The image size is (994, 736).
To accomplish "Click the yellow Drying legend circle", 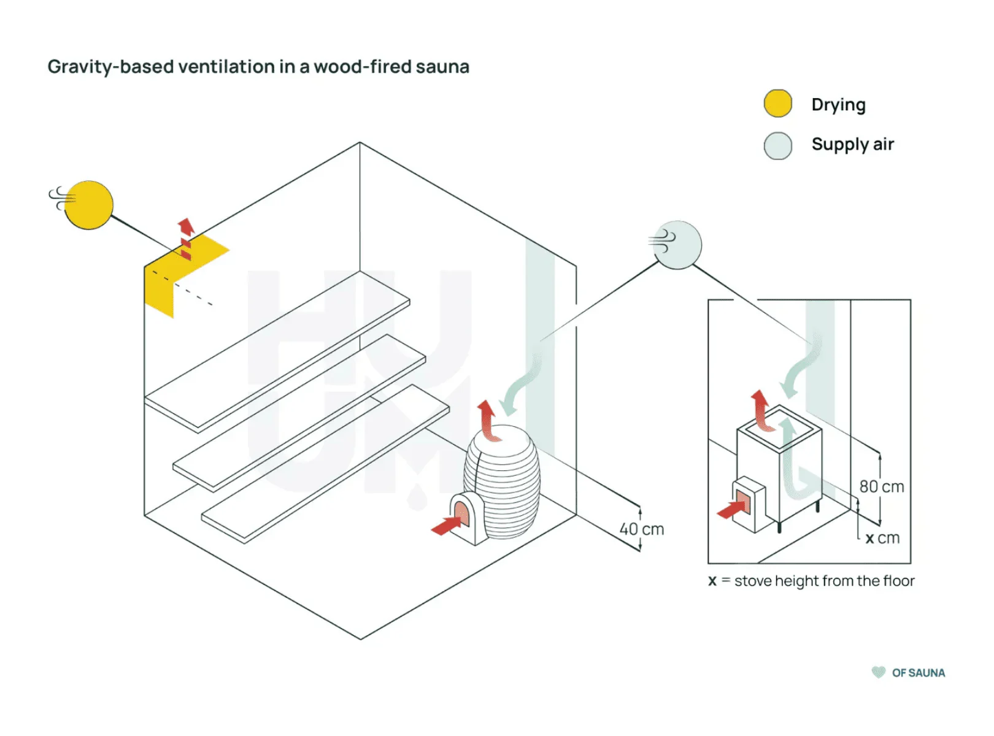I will tap(777, 104).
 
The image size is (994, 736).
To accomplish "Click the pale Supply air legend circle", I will tap(777, 146).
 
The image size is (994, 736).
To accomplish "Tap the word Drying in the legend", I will tap(838, 105).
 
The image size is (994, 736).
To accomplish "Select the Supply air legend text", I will tap(852, 145).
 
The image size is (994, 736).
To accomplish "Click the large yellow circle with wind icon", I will tap(89, 205).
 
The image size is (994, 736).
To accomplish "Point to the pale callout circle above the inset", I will tap(677, 245).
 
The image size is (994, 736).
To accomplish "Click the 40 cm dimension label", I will tap(642, 529).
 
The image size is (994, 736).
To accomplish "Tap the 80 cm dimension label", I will tap(882, 486).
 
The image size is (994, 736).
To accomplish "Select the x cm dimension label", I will tap(882, 538).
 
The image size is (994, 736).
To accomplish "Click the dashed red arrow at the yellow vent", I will tap(186, 239).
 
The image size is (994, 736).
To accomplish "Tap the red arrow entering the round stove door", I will tap(447, 525).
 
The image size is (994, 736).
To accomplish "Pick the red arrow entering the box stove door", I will tap(732, 509).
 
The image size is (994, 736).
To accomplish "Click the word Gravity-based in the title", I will tap(110, 67).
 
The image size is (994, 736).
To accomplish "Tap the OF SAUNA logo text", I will tap(918, 673).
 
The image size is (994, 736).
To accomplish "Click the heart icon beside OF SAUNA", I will tap(879, 672).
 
